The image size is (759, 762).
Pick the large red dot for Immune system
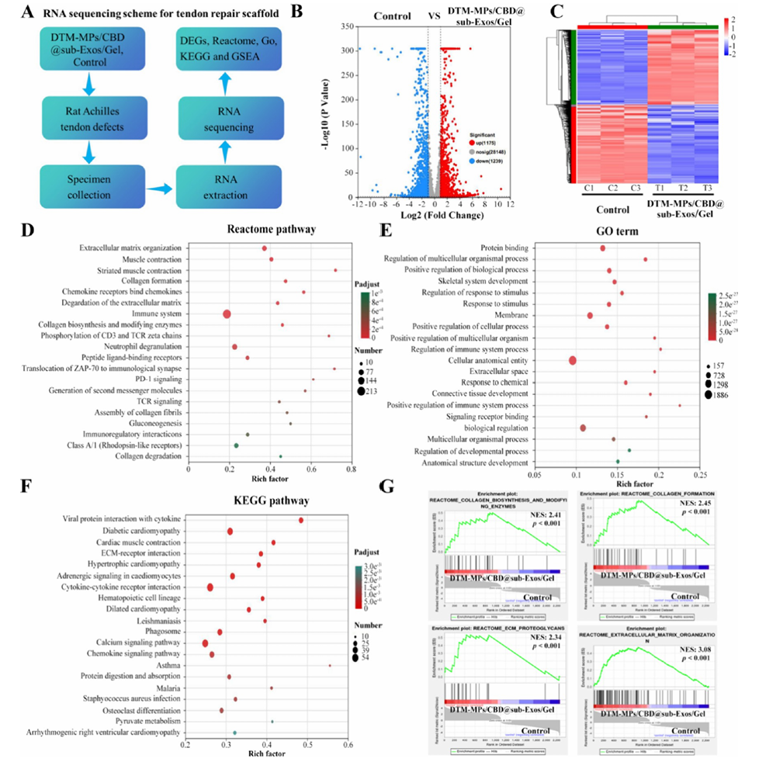[227, 313]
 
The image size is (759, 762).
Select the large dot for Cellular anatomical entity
[574, 360]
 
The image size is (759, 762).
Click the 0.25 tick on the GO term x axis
[701, 473]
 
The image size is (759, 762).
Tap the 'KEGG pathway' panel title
[265, 500]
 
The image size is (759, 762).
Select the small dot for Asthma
[330, 666]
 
